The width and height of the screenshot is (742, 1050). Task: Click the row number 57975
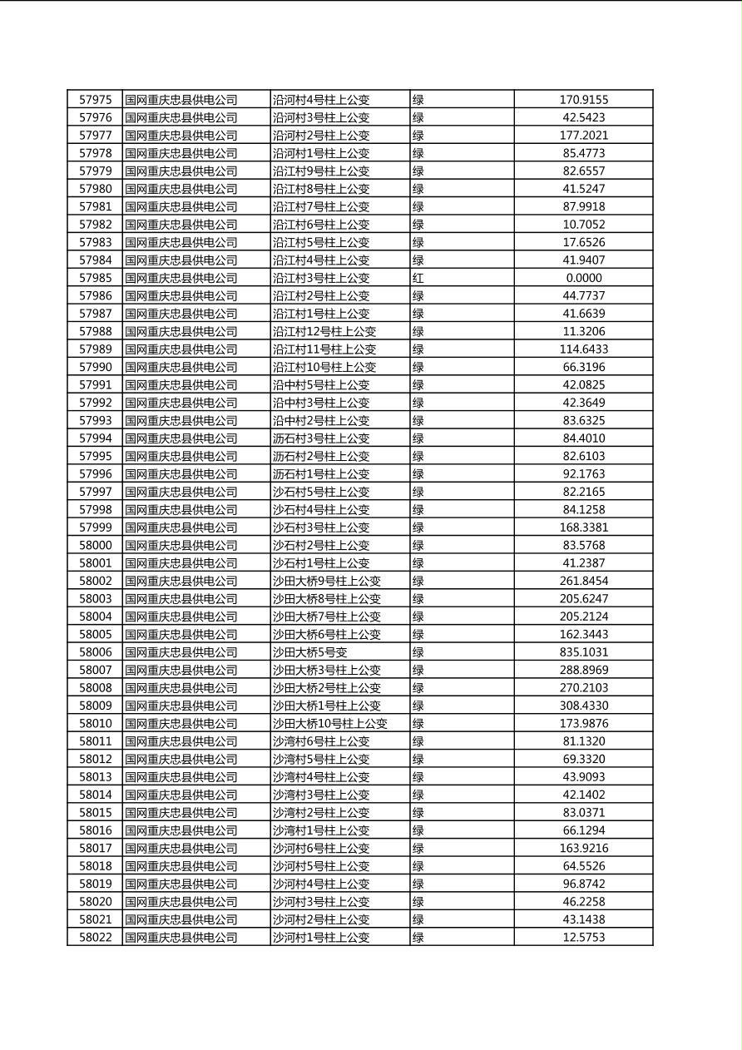pos(95,100)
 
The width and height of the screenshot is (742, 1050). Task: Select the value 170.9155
pos(583,100)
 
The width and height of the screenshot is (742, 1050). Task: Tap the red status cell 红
pos(418,278)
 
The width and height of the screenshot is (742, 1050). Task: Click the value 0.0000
pos(583,278)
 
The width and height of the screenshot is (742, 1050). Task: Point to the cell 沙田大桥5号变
pos(310,652)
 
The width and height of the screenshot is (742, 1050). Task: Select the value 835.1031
pos(583,652)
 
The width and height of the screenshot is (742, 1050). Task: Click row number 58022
pos(95,938)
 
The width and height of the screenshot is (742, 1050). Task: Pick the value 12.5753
pos(583,938)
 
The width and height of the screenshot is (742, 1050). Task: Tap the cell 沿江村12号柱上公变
pos(324,331)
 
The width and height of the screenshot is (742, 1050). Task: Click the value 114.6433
pos(583,349)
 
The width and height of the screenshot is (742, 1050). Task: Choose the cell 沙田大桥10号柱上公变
pos(330,724)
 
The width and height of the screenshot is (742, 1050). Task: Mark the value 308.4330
pos(583,706)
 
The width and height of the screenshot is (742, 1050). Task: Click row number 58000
pos(95,545)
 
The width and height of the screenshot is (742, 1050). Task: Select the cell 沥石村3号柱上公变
pos(321,438)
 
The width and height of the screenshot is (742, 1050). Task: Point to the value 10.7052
pos(583,225)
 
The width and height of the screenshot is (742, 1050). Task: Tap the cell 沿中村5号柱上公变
pos(321,385)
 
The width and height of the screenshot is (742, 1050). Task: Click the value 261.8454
pos(583,581)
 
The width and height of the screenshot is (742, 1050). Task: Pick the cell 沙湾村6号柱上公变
pos(321,741)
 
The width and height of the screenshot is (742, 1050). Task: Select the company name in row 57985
pos(181,278)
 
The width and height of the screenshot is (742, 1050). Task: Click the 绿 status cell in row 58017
pos(418,849)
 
